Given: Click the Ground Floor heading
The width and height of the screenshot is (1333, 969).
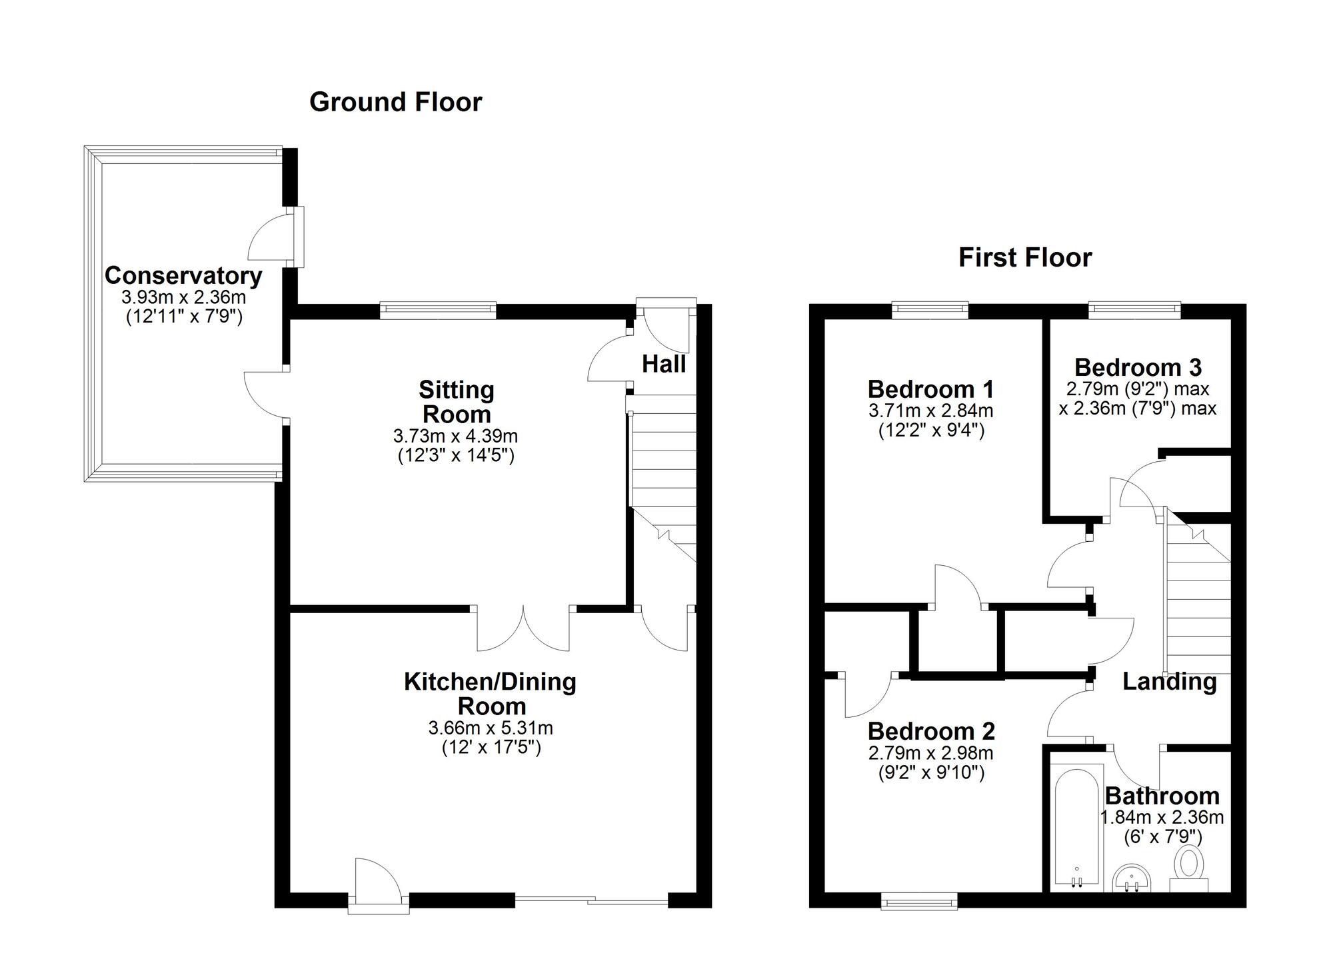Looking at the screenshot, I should tap(395, 102).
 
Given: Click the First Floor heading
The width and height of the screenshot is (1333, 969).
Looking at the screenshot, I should tap(1024, 257).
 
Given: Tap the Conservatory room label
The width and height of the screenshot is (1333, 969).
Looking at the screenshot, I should tap(183, 275).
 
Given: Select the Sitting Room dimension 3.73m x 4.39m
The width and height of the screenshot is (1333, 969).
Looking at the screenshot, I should tap(455, 437).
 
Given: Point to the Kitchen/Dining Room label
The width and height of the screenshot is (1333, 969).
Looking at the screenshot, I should tap(491, 694).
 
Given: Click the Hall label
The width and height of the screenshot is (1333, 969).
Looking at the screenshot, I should tap(664, 364).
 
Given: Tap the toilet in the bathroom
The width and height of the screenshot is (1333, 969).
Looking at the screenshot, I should tap(1189, 867).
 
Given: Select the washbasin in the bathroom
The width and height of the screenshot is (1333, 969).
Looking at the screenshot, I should tap(1133, 878).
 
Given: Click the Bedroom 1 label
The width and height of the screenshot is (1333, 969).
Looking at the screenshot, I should tap(930, 389).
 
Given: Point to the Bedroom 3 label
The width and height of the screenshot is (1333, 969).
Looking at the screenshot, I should tap(1138, 367).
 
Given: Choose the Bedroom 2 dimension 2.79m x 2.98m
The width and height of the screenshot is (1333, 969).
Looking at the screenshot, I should tap(930, 753).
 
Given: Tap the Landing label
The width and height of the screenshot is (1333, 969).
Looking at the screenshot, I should tap(1169, 681).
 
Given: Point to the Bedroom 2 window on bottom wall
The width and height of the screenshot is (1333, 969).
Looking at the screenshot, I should tap(919, 902).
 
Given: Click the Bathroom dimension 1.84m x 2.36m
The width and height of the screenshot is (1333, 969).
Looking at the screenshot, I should tap(1161, 817).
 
